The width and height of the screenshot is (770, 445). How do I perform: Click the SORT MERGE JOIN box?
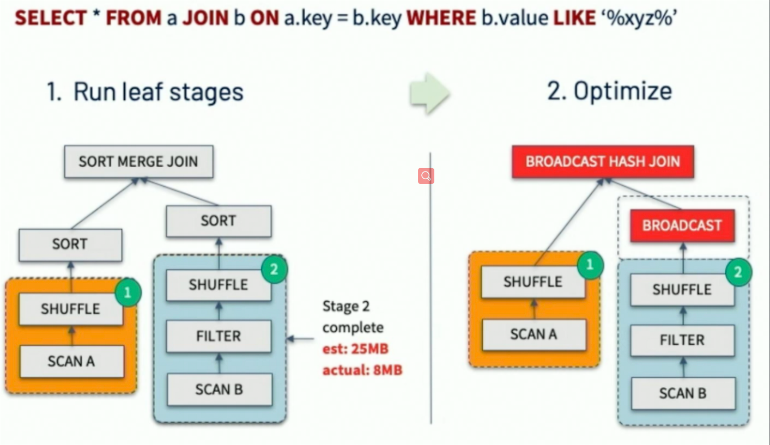click(138, 162)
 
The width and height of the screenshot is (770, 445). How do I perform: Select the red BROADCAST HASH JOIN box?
click(603, 162)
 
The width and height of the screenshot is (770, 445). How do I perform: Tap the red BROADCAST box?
click(682, 225)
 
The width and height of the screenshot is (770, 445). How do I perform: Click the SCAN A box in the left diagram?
click(71, 361)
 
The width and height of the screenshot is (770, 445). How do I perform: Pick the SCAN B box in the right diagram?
click(682, 393)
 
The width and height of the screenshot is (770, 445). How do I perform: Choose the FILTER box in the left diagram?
click(219, 336)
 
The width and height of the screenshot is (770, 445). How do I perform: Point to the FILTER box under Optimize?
click(682, 340)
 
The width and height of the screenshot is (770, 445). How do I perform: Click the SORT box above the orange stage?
click(70, 244)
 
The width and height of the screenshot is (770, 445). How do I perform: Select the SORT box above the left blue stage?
click(219, 221)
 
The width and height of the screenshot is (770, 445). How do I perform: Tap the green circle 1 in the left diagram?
click(128, 293)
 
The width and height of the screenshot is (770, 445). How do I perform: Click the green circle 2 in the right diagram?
click(738, 272)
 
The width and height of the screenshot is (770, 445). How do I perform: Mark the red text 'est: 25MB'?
click(355, 349)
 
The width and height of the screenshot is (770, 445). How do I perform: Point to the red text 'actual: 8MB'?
click(362, 370)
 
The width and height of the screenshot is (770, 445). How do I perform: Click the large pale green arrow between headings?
click(429, 93)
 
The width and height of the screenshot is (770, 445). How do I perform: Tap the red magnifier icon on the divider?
click(426, 176)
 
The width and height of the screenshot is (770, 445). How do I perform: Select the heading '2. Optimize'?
click(609, 91)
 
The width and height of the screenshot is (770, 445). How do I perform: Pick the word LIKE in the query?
click(573, 19)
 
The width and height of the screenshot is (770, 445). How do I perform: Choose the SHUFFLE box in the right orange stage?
click(533, 282)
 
